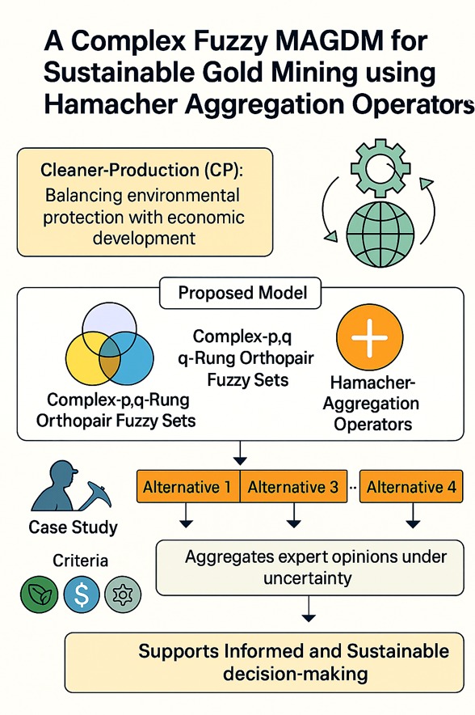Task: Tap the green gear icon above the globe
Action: pyautogui.click(x=380, y=168)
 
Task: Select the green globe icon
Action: pyautogui.click(x=380, y=234)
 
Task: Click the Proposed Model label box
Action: pyautogui.click(x=241, y=293)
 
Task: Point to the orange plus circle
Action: pyautogui.click(x=369, y=338)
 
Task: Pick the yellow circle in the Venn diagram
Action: pyautogui.click(x=92, y=358)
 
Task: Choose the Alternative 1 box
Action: pyautogui.click(x=188, y=487)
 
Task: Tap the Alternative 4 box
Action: pyautogui.click(x=411, y=487)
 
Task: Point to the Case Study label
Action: pyautogui.click(x=73, y=527)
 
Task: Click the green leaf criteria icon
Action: pyautogui.click(x=39, y=594)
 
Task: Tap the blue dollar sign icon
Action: pyautogui.click(x=82, y=594)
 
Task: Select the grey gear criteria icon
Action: pyautogui.click(x=123, y=594)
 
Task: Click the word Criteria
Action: pyautogui.click(x=80, y=561)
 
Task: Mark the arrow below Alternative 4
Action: pyautogui.click(x=413, y=515)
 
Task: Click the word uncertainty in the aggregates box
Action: pyautogui.click(x=308, y=578)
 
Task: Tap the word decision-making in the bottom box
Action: pyautogui.click(x=295, y=674)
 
